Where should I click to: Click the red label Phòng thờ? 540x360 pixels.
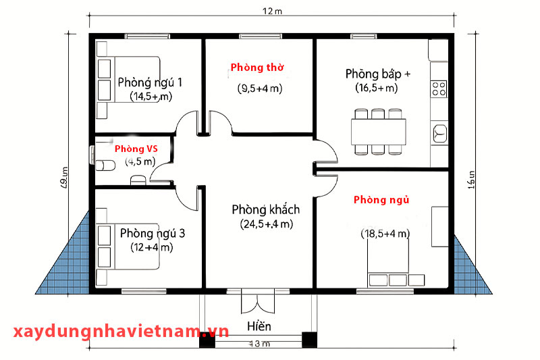[257, 68]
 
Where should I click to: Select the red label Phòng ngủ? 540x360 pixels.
[381, 200]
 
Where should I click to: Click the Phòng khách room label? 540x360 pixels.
[265, 209]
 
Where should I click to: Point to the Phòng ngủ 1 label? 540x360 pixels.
[150, 82]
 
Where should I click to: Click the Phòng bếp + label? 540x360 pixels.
[377, 73]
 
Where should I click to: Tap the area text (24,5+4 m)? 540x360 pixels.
[266, 224]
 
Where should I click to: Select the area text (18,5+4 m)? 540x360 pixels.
[385, 234]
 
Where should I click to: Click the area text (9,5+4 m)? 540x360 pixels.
[259, 88]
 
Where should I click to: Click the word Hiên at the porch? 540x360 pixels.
[259, 327]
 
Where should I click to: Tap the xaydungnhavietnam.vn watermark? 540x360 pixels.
[122, 331]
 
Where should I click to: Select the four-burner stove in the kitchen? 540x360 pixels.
[439, 88]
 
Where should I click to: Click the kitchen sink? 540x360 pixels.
[440, 132]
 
